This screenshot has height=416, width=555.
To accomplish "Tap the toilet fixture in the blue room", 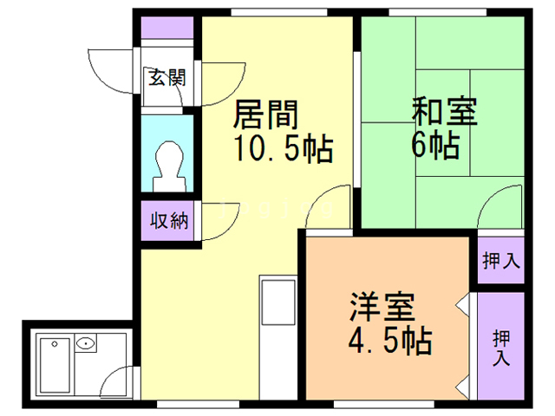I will pyautogui.click(x=167, y=165).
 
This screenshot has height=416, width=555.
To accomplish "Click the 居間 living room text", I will pyautogui.click(x=268, y=115).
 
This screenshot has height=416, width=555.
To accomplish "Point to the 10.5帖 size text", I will pyautogui.click(x=282, y=149).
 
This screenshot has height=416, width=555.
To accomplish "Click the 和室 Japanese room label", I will pyautogui.click(x=443, y=114).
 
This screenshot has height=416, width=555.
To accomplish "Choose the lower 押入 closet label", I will pyautogui.click(x=501, y=344).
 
